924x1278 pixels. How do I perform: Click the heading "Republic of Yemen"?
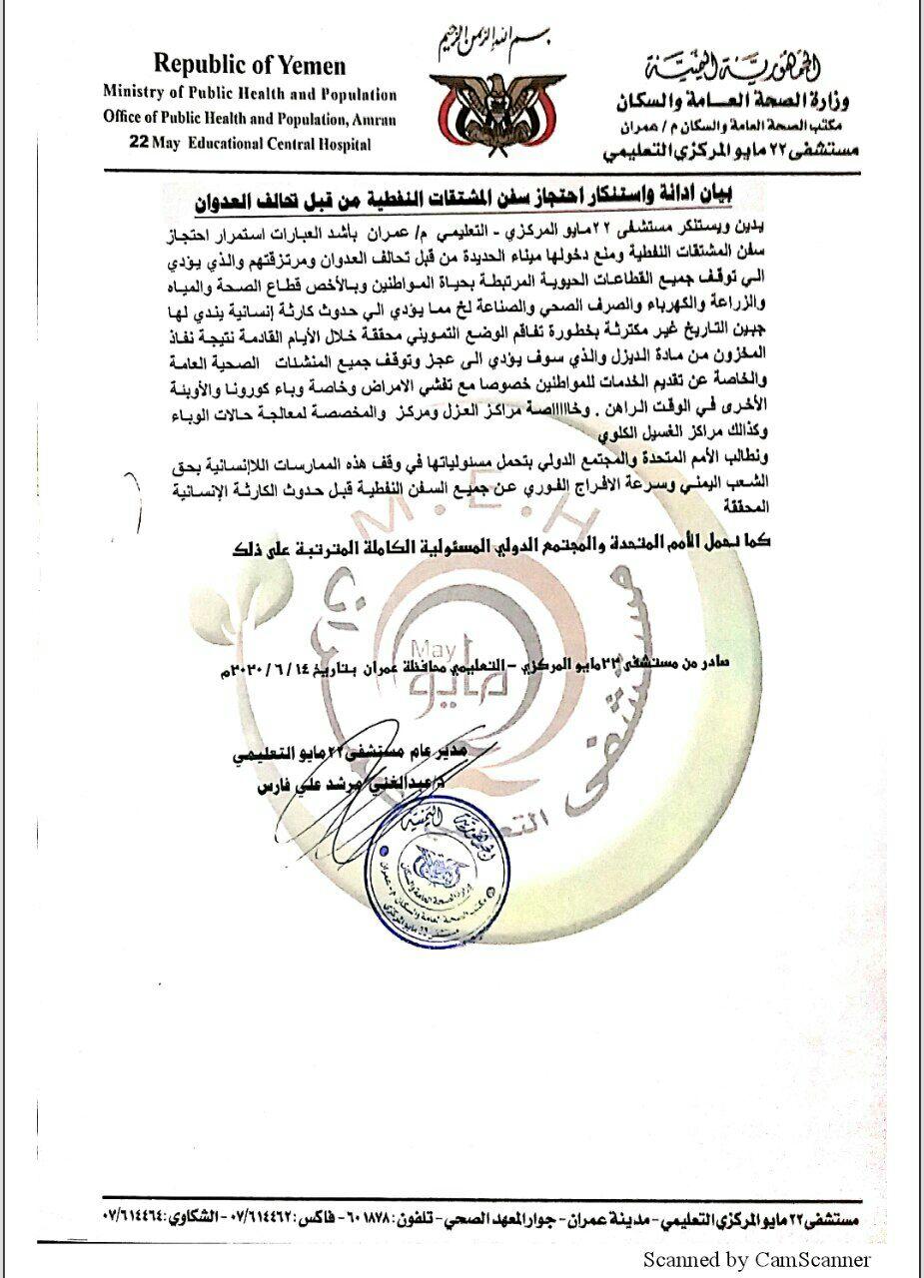(x=249, y=67)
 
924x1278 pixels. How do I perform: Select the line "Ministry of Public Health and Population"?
(x=249, y=95)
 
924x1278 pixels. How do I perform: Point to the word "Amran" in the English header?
(x=372, y=119)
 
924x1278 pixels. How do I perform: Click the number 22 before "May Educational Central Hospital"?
(x=139, y=144)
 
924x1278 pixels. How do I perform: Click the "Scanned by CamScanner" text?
(x=756, y=1260)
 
